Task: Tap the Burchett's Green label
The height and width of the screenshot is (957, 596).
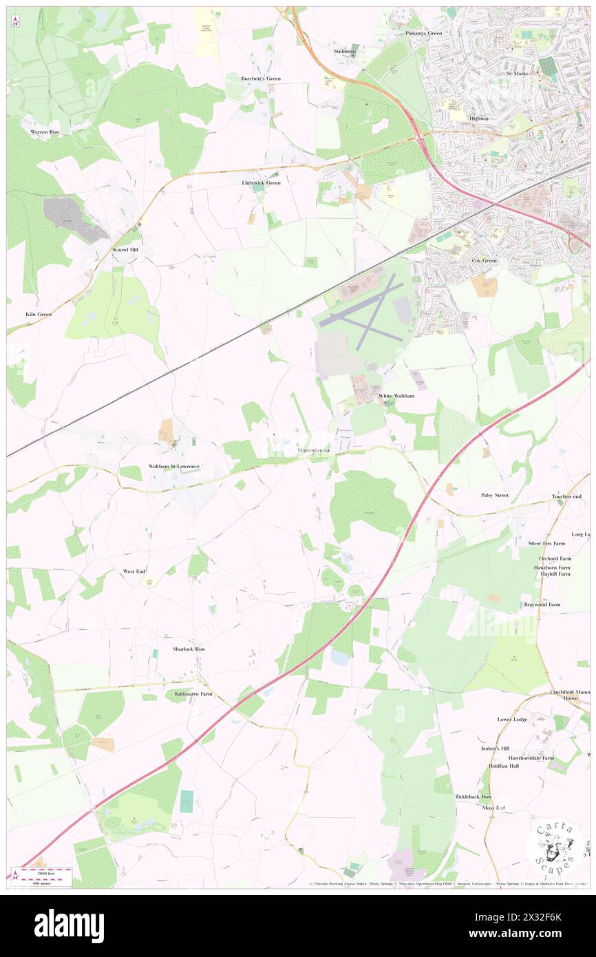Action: click(261, 78)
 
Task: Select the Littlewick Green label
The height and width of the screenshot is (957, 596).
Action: click(261, 182)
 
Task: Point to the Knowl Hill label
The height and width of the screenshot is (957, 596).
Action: click(128, 249)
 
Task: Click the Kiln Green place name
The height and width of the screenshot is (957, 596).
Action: click(39, 314)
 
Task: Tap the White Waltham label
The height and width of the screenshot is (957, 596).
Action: click(396, 397)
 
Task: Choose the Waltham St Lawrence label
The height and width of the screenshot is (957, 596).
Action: click(174, 466)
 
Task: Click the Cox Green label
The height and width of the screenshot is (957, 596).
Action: click(484, 261)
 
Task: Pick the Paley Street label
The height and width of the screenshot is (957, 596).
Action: click(494, 495)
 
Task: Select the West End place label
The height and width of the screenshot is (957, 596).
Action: click(134, 571)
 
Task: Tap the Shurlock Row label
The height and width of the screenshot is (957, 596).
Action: click(189, 649)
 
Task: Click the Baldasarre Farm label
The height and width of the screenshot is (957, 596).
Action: click(193, 694)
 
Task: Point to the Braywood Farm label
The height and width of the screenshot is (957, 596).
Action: click(542, 604)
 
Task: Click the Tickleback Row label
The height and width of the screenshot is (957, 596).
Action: click(473, 797)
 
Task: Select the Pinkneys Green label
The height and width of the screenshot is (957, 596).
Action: click(424, 33)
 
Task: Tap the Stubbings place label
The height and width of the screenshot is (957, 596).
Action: click(346, 51)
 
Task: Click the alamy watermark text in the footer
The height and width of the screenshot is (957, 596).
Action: click(69, 925)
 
